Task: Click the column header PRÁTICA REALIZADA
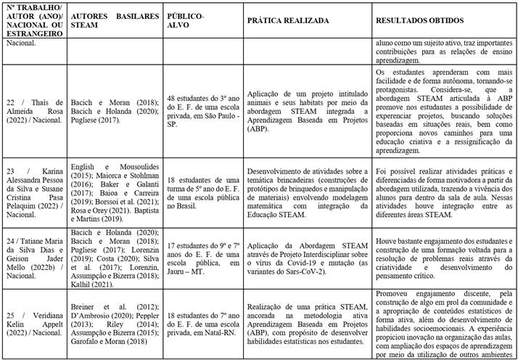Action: click(287, 22)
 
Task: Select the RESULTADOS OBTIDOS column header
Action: click(414, 22)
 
